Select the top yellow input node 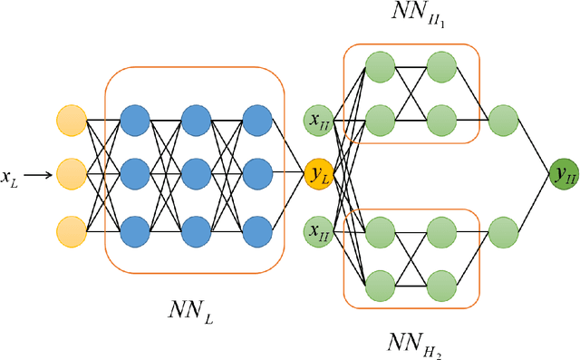click(71, 120)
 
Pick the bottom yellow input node click(71, 230)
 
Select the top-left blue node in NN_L click(135, 120)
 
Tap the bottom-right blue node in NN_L click(256, 230)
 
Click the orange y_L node click(319, 174)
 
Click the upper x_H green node click(319, 120)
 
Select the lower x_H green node click(319, 230)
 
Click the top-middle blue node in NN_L click(195, 120)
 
